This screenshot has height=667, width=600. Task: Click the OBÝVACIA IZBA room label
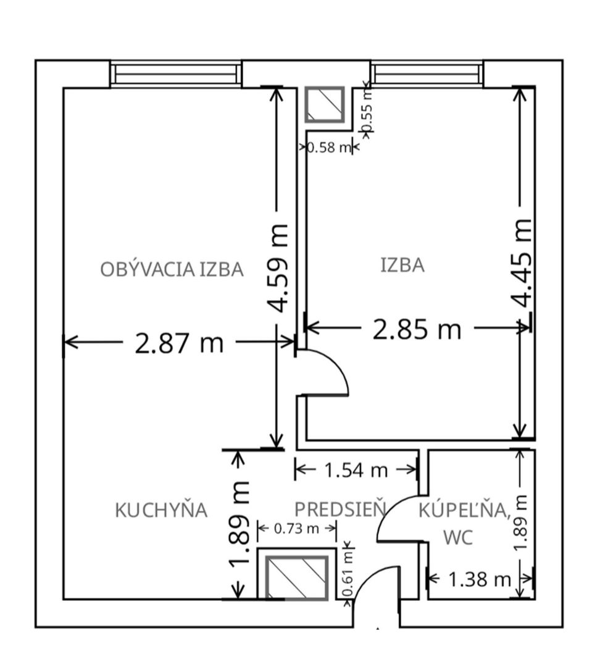[172, 269]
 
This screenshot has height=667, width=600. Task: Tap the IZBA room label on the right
[402, 266]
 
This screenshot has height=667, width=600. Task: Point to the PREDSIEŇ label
[340, 510]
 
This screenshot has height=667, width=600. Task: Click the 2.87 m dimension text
[179, 342]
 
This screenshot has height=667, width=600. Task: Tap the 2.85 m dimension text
[417, 329]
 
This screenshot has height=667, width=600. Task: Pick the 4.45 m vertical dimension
[522, 262]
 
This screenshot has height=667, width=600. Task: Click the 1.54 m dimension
[356, 471]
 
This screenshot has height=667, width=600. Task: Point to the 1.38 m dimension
[480, 579]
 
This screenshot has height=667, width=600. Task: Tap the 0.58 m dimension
[328, 148]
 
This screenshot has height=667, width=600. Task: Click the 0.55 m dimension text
[367, 111]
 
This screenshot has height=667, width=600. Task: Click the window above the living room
[176, 73]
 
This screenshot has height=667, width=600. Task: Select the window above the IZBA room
[427, 73]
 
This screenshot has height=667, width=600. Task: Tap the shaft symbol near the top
[325, 104]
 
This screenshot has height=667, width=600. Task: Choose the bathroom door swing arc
[395, 516]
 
